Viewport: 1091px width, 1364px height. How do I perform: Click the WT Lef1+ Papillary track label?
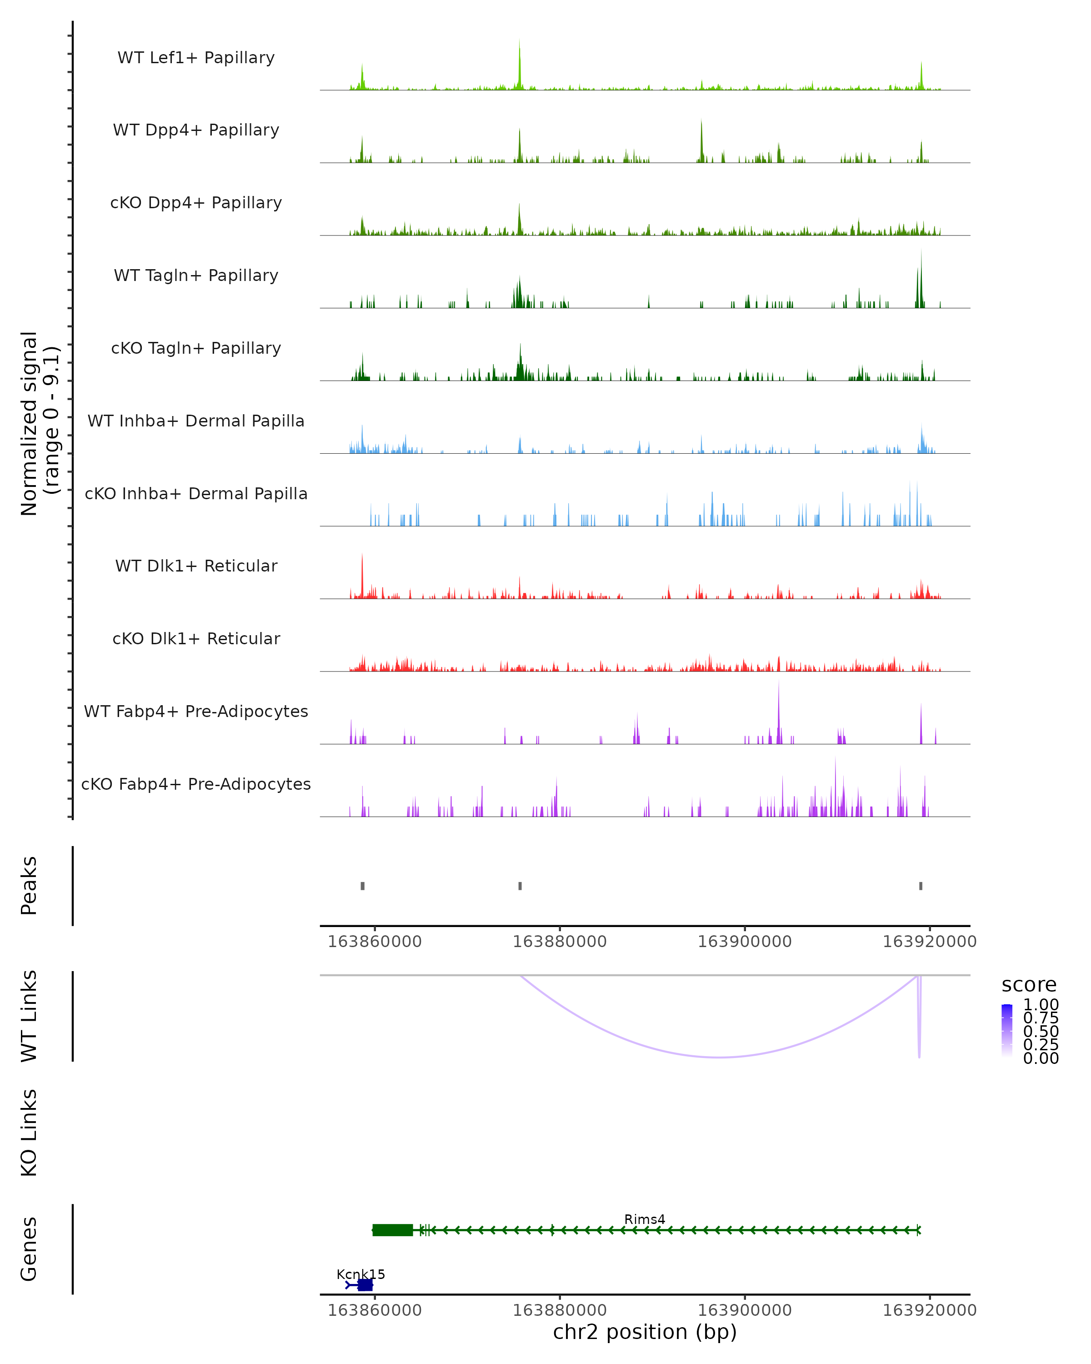coord(196,58)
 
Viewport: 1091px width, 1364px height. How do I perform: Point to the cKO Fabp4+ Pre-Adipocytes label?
coord(196,784)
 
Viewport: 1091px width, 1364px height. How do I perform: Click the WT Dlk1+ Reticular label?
coord(196,566)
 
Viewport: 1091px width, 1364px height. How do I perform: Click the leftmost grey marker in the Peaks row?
coord(362,886)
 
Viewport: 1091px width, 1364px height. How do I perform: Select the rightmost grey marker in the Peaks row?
coord(921,886)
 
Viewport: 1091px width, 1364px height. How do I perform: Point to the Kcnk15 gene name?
coord(360,1274)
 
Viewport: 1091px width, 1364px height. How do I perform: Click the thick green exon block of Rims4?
coord(392,1230)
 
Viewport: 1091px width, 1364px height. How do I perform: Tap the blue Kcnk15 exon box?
coord(365,1285)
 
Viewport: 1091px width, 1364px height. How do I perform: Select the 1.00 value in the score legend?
coord(1041,1005)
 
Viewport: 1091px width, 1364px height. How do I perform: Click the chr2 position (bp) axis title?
coord(645,1332)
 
